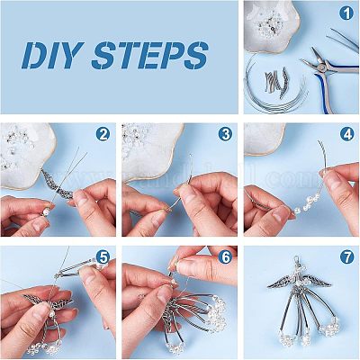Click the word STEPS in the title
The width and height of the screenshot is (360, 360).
pyautogui.click(x=149, y=56)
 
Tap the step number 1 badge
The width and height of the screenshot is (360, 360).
pyautogui.click(x=346, y=13)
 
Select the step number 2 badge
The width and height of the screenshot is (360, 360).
pyautogui.click(x=103, y=135)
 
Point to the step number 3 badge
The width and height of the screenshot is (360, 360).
pyautogui.click(x=225, y=134)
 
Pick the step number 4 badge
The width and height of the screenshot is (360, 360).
pyautogui.click(x=347, y=135)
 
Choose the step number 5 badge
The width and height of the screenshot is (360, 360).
pyautogui.click(x=103, y=257)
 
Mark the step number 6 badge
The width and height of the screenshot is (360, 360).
pyautogui.click(x=225, y=257)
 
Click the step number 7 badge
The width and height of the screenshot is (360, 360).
pyautogui.click(x=347, y=257)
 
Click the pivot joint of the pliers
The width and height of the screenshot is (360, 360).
pyautogui.click(x=322, y=67)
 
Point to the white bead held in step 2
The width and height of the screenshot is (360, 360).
pyautogui.click(x=45, y=212)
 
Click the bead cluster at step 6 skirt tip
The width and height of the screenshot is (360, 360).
pyautogui.click(x=217, y=312)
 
